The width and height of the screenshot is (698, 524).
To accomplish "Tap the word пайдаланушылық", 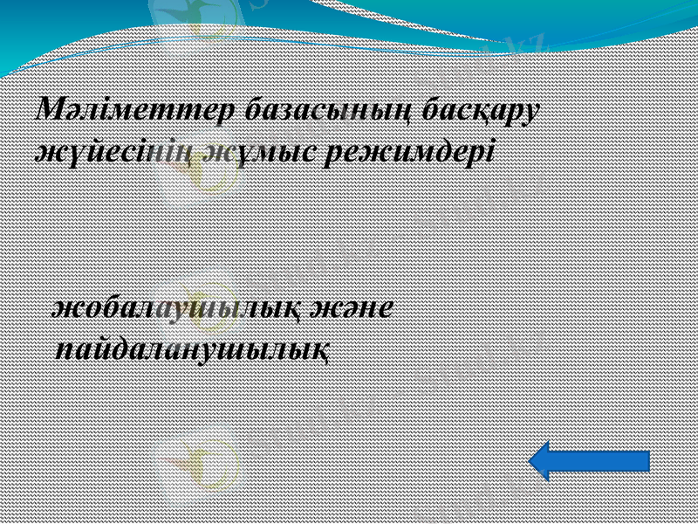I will (192, 350).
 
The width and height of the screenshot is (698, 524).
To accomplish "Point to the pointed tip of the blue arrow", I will (533, 460).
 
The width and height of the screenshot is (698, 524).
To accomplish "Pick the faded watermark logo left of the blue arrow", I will (199, 458).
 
